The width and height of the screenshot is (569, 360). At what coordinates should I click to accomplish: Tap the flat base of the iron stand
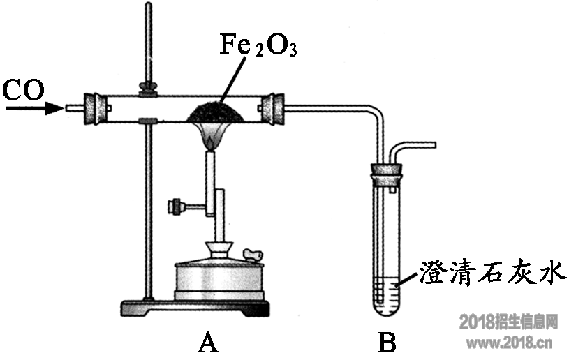pyautogui.click(x=195, y=307)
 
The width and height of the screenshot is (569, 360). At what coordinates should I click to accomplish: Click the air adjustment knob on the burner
pyautogui.click(x=175, y=206)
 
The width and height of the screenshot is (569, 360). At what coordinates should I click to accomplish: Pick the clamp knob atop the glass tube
pyautogui.click(x=147, y=88)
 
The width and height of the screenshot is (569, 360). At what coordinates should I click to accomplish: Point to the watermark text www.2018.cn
pyautogui.click(x=509, y=343)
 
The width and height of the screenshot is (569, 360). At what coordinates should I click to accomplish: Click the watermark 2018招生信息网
pyautogui.click(x=509, y=322)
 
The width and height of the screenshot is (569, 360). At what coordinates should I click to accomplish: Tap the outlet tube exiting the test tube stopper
pyautogui.click(x=415, y=147)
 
